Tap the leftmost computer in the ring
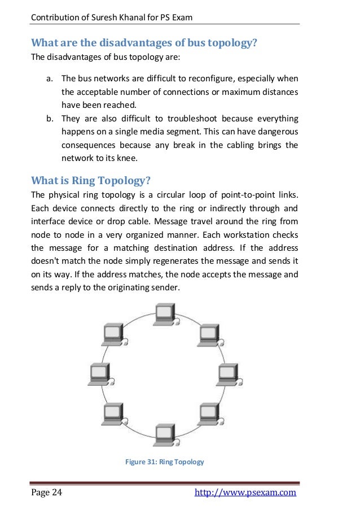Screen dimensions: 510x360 tap(99, 373)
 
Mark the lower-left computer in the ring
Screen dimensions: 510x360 tap(112, 415)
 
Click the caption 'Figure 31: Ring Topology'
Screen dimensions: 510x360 tap(164, 462)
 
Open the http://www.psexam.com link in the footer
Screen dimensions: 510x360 tap(245, 493)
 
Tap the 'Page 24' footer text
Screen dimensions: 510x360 tap(47, 493)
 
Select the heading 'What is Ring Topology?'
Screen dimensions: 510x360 tap(90, 181)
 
